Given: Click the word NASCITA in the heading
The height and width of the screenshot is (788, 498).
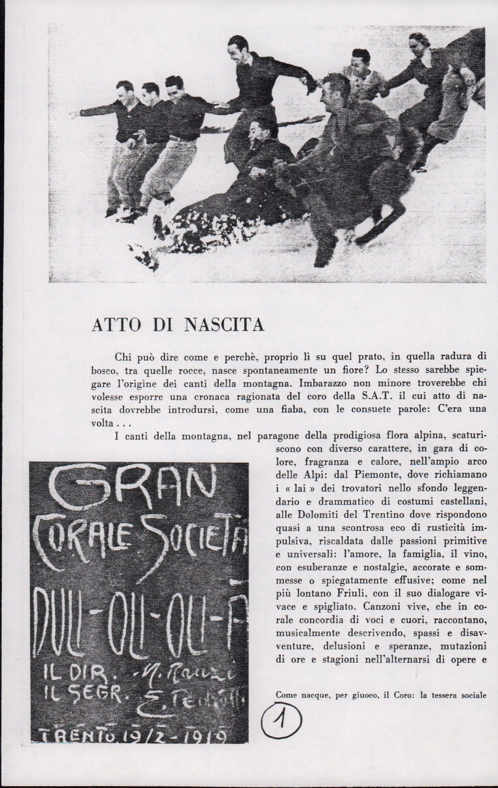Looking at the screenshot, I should coord(224,326).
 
